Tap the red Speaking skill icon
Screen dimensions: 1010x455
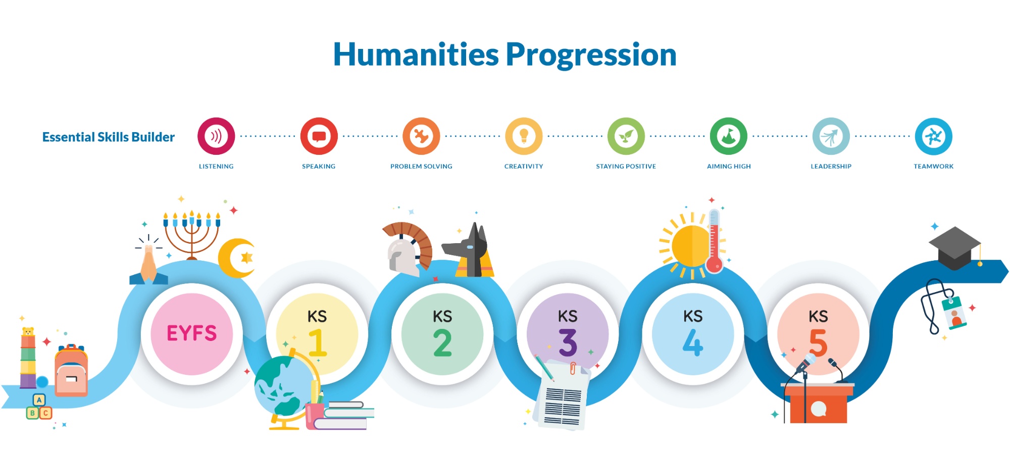pyautogui.click(x=319, y=136)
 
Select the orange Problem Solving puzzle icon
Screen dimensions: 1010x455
pyautogui.click(x=421, y=136)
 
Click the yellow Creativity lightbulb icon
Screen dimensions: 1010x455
pyautogui.click(x=524, y=136)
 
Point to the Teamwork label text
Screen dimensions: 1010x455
pyautogui.click(x=933, y=166)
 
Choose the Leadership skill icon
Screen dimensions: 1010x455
pyautogui.click(x=831, y=136)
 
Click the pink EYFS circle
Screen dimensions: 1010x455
pyautogui.click(x=192, y=334)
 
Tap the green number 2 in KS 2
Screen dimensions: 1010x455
pyautogui.click(x=442, y=343)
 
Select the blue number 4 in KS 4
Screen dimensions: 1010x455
pyautogui.click(x=693, y=343)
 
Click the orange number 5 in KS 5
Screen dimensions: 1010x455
pyautogui.click(x=818, y=343)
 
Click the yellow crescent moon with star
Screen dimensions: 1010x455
pyautogui.click(x=236, y=258)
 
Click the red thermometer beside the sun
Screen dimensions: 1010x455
pyautogui.click(x=714, y=241)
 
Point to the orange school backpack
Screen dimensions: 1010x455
pyautogui.click(x=71, y=371)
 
